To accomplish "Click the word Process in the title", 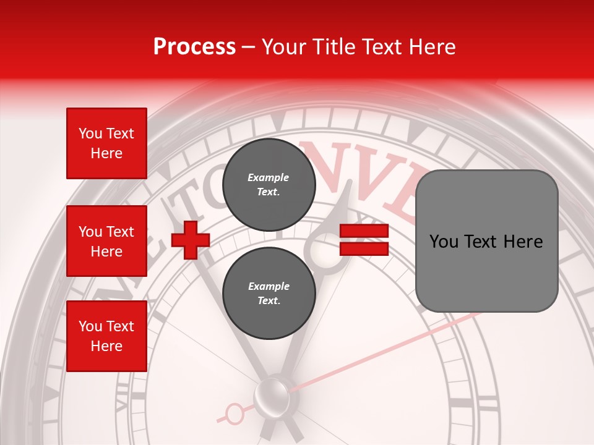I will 194,46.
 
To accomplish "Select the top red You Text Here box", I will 106,143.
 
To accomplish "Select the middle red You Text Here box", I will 106,241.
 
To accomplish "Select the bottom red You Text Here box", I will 106,336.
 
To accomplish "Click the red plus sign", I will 191,240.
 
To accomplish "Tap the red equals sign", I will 364,240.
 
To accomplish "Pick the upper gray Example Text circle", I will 269,184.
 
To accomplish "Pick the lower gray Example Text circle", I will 269,293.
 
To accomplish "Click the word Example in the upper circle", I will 269,177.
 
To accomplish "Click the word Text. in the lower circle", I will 269,300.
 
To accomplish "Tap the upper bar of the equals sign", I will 364,231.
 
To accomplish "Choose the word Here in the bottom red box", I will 106,346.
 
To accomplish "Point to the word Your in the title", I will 283,47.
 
